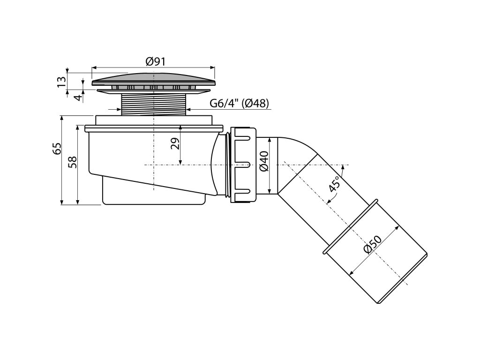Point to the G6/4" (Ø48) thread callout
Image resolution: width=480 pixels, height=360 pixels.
click(x=239, y=104)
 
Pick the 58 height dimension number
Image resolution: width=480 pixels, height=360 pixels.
click(x=72, y=162)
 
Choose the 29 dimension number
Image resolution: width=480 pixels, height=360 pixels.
click(x=175, y=143)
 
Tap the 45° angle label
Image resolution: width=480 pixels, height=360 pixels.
click(x=334, y=185)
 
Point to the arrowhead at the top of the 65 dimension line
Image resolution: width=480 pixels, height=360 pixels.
click(x=62, y=118)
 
